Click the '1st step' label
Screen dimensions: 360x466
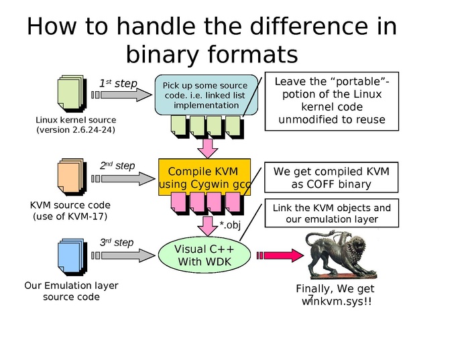(118, 84)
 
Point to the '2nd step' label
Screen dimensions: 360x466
(117, 166)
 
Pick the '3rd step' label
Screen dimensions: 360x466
(117, 243)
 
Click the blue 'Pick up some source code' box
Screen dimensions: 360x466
(206, 95)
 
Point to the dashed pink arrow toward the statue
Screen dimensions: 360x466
(277, 255)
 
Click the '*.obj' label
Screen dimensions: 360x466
(230, 225)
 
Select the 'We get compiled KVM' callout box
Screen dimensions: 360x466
(331, 178)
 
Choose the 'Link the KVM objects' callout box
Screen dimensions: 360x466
(331, 213)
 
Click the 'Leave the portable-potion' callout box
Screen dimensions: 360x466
(332, 101)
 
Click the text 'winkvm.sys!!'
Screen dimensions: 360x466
(337, 302)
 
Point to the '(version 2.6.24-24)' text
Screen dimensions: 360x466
(75, 130)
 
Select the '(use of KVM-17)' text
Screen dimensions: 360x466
(70, 217)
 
